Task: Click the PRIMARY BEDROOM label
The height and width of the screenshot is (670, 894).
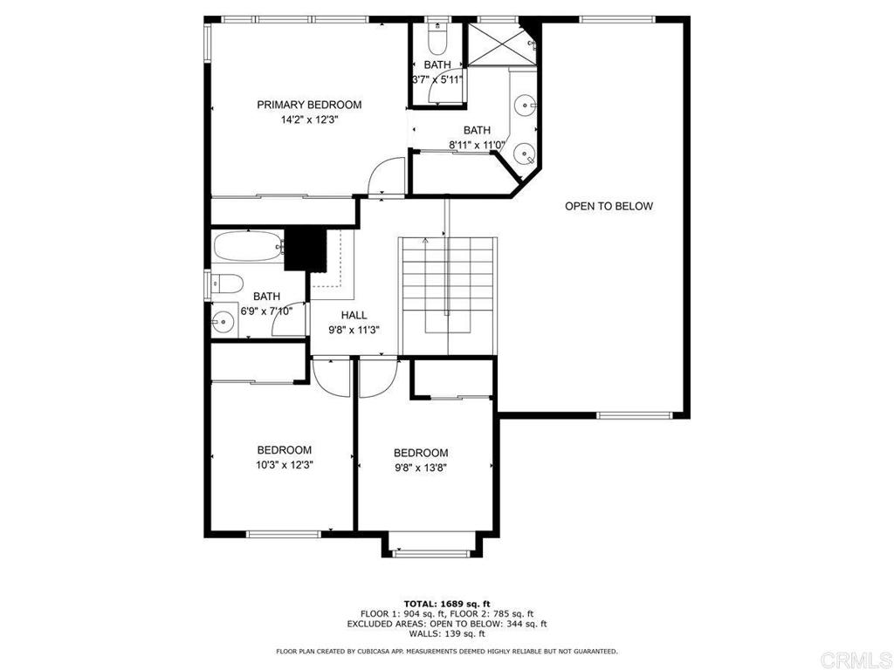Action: (x=309, y=105)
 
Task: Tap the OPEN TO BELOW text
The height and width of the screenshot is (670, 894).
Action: (x=609, y=206)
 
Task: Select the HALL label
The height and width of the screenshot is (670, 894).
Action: (x=354, y=315)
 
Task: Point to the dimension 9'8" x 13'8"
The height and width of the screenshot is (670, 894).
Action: (x=421, y=468)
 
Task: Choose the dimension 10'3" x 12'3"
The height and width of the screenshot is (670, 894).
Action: (x=284, y=465)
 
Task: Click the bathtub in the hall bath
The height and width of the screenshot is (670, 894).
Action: (x=248, y=247)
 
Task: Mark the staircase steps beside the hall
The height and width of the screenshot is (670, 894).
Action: (x=448, y=295)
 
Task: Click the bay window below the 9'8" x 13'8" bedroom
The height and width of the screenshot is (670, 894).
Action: (x=433, y=551)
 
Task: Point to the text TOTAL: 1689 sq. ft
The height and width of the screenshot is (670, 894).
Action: (x=447, y=604)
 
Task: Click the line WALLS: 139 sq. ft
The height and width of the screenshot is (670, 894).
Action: (x=447, y=633)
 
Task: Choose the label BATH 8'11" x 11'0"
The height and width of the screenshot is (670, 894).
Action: (x=477, y=137)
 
